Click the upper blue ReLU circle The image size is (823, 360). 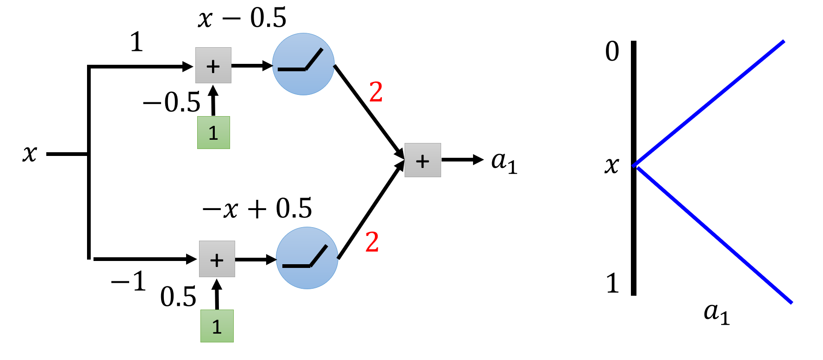[x=303, y=64]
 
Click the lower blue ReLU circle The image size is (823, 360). [x=307, y=258]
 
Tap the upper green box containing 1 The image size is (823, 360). [x=213, y=132]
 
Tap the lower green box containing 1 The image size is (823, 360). [x=217, y=326]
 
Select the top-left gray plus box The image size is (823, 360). [x=213, y=65]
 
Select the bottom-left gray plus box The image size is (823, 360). [x=217, y=259]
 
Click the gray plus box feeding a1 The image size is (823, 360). [x=422, y=160]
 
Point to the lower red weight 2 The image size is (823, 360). [x=372, y=242]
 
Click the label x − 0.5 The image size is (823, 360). [x=242, y=19]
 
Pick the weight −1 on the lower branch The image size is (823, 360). [x=129, y=281]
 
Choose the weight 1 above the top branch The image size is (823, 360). [x=136, y=42]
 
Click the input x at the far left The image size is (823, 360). [x=30, y=153]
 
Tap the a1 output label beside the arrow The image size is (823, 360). [x=504, y=162]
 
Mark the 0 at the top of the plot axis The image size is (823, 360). [x=612, y=51]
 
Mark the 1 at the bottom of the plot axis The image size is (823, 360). [x=612, y=283]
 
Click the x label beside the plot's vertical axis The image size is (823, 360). [x=611, y=165]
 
